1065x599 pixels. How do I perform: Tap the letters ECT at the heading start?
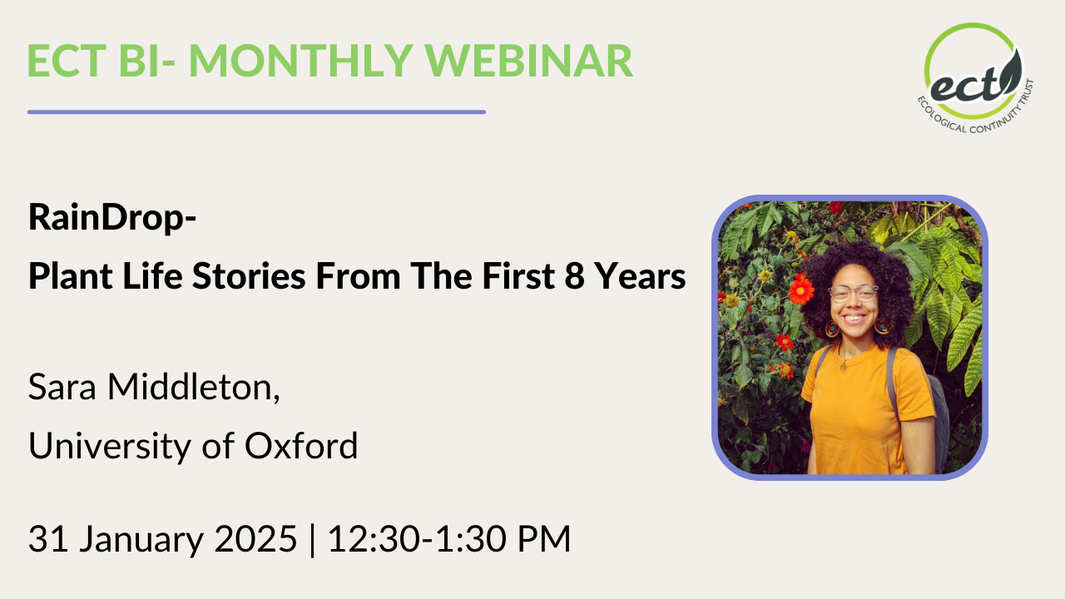(69, 61)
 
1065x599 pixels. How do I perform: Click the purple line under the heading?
(256, 111)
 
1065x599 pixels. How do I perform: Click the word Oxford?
(301, 447)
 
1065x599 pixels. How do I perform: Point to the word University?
(114, 447)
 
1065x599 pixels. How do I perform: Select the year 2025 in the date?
(254, 539)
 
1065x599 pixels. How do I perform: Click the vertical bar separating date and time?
(312, 539)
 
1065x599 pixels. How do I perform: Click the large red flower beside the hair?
(801, 290)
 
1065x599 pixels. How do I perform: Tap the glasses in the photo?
(853, 293)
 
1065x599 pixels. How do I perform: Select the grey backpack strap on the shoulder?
(894, 374)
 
